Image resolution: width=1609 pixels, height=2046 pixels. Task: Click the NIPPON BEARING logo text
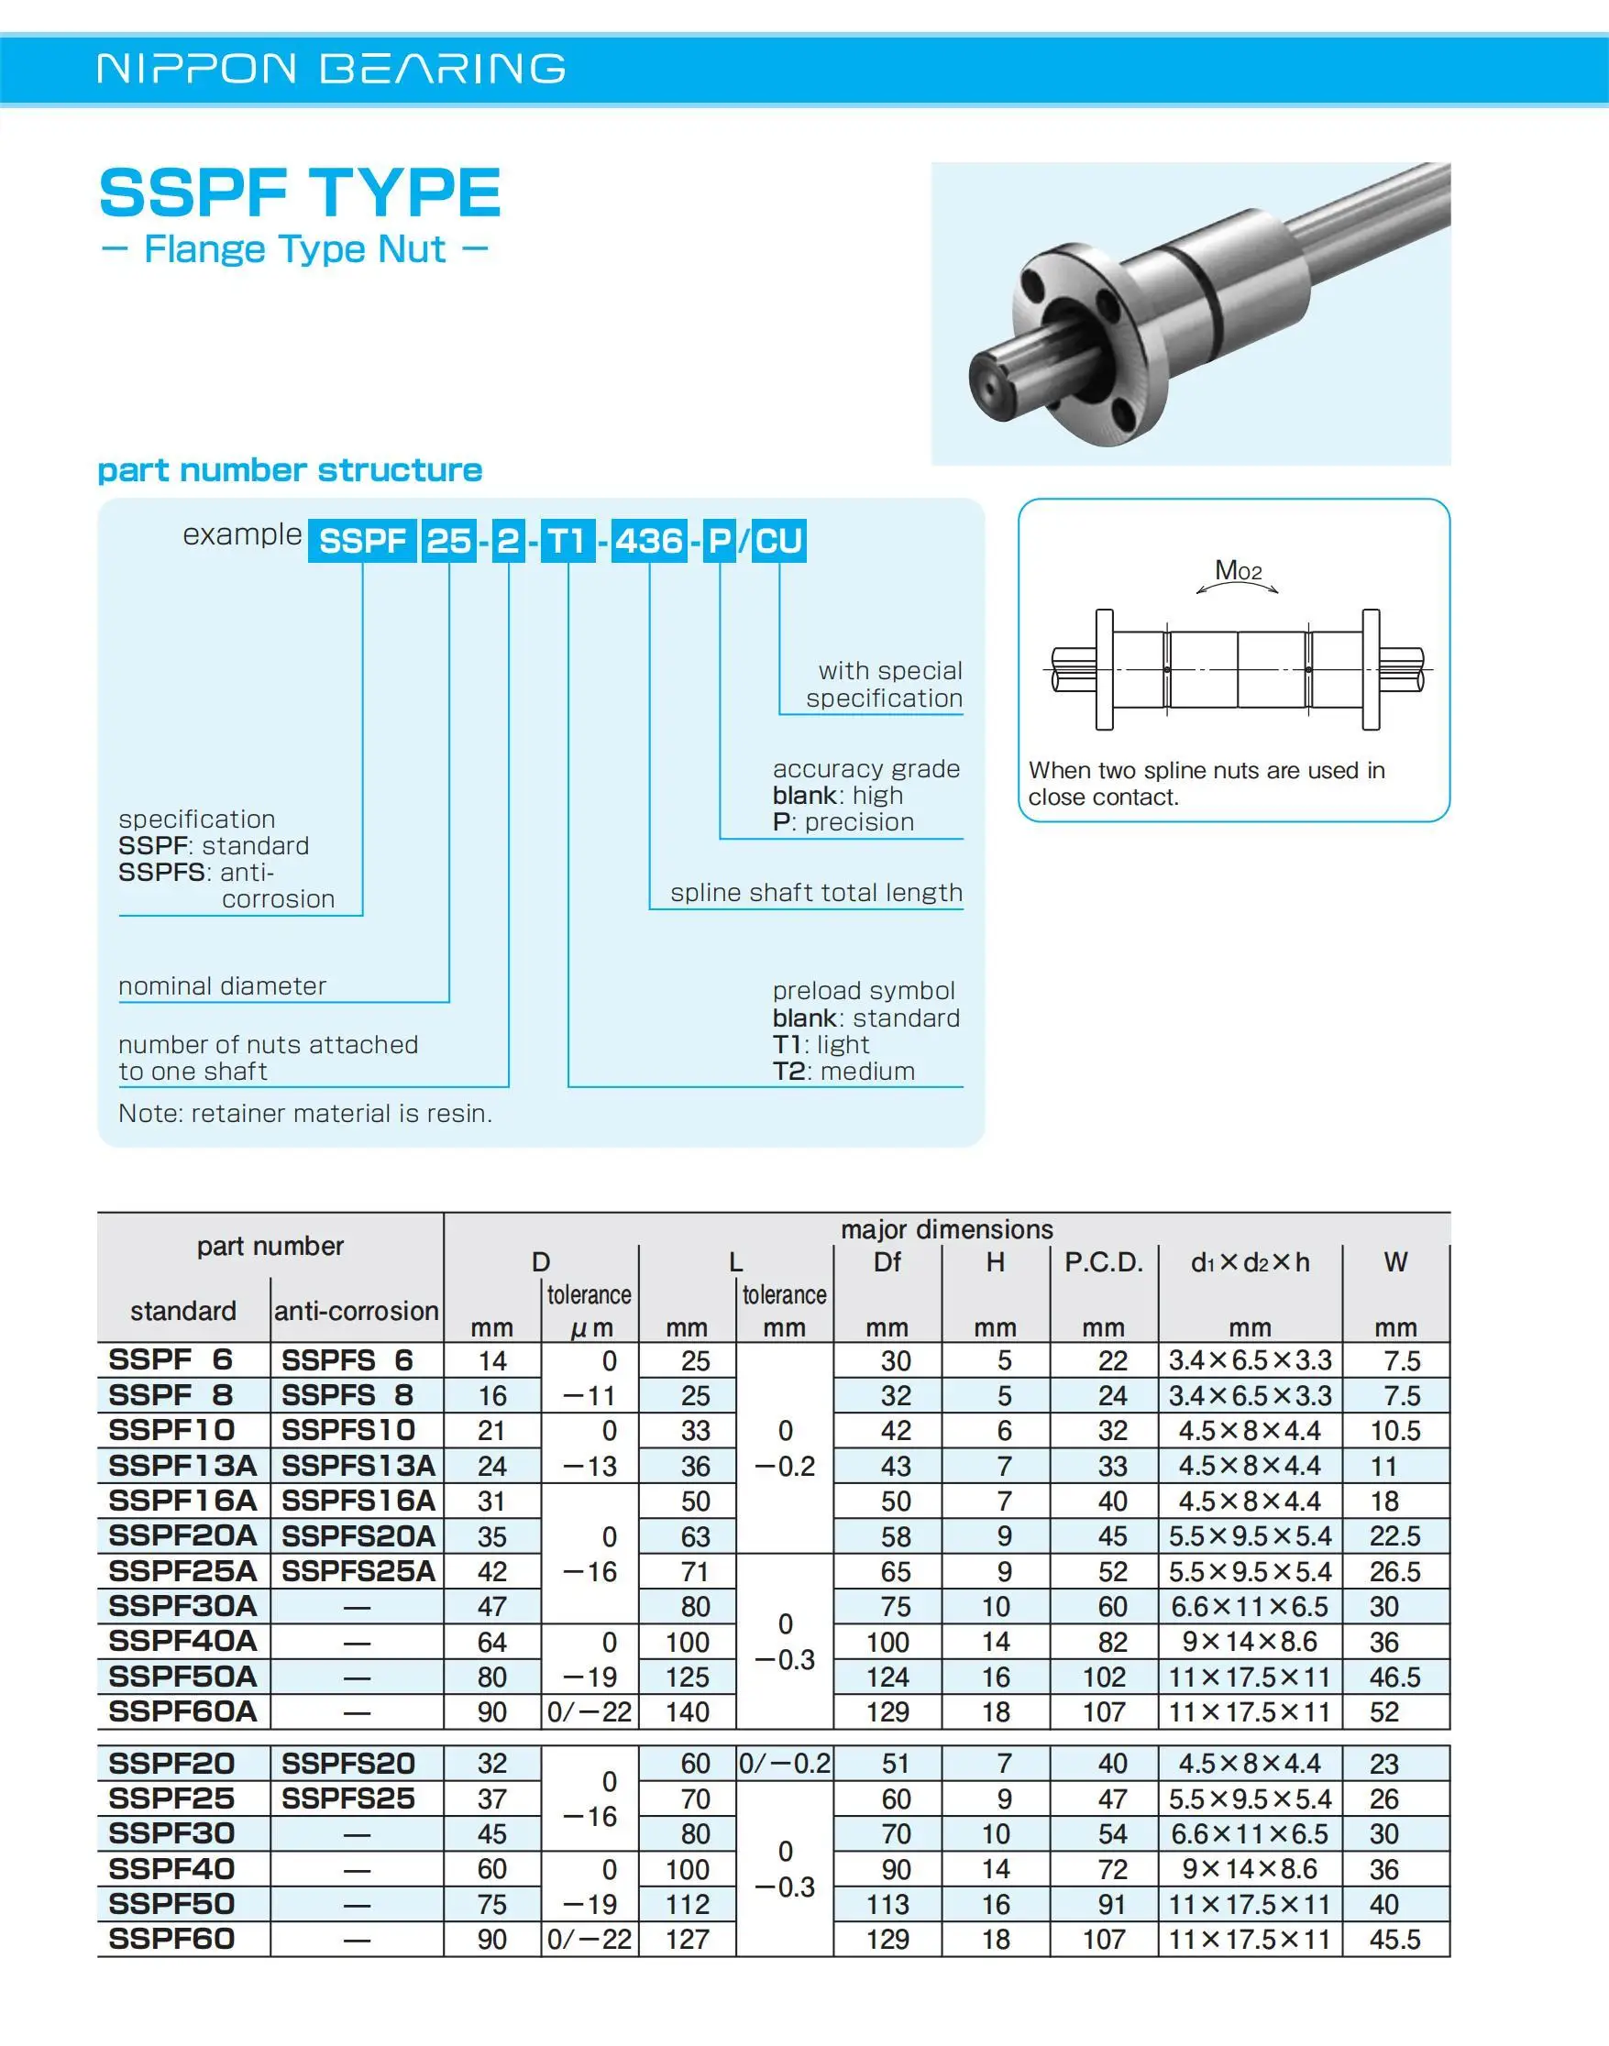(x=331, y=69)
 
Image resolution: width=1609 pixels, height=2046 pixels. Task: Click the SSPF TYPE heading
(x=300, y=193)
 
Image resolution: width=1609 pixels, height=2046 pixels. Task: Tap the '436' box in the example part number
(x=649, y=542)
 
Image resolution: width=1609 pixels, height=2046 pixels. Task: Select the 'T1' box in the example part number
(x=568, y=542)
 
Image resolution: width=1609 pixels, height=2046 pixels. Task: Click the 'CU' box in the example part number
(x=778, y=542)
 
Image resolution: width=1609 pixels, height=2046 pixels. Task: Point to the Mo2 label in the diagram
(x=1238, y=571)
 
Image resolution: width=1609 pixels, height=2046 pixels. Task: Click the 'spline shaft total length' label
(x=816, y=892)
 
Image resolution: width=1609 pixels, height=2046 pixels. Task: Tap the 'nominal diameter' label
(x=222, y=985)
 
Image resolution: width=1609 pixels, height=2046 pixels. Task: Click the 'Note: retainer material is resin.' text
(x=305, y=1114)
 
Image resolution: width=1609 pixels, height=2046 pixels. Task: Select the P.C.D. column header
(x=1103, y=1262)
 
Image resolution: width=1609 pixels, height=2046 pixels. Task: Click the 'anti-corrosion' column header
(x=356, y=1310)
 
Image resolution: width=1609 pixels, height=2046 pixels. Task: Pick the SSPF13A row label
(x=182, y=1466)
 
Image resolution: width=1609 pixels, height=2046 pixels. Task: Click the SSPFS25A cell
(x=358, y=1571)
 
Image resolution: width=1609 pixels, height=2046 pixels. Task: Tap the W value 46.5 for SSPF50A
(x=1394, y=1677)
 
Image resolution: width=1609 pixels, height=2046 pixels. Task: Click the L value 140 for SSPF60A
(x=687, y=1711)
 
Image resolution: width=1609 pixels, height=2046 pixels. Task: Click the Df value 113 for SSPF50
(x=887, y=1904)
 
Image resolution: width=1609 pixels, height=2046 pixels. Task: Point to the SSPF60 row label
(x=171, y=1939)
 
